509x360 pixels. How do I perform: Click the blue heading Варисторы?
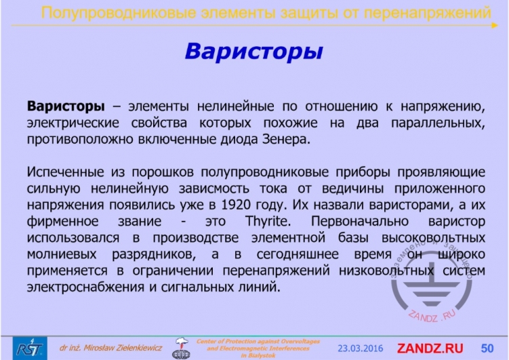(x=253, y=52)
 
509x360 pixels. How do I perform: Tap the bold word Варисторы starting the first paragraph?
(x=66, y=107)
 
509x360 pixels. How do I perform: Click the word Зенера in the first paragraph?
(x=286, y=140)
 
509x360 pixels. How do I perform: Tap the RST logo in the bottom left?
(x=29, y=348)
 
